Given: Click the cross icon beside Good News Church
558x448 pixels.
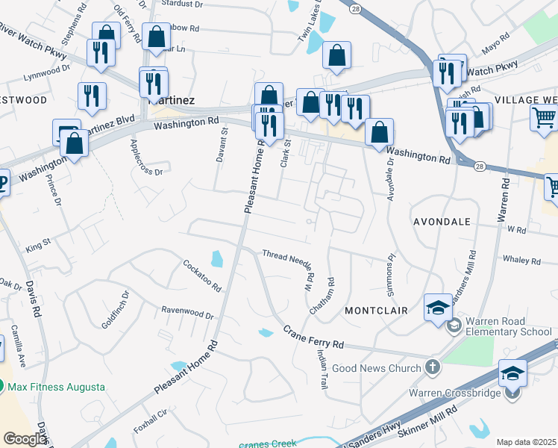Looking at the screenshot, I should coord(431,367).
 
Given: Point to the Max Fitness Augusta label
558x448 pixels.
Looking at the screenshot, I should coord(57,388).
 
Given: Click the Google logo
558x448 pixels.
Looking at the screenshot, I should coord(24,439).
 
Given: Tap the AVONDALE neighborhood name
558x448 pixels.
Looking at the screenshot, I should coord(442,222).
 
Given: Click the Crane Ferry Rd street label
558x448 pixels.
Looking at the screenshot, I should coord(313,337).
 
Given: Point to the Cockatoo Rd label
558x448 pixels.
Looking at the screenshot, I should coord(203,276).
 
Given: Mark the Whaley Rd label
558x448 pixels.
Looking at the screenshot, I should coord(521,261).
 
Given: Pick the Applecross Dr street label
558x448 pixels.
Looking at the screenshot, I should coord(145,156).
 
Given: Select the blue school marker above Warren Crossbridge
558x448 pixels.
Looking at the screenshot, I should coord(513,373).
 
